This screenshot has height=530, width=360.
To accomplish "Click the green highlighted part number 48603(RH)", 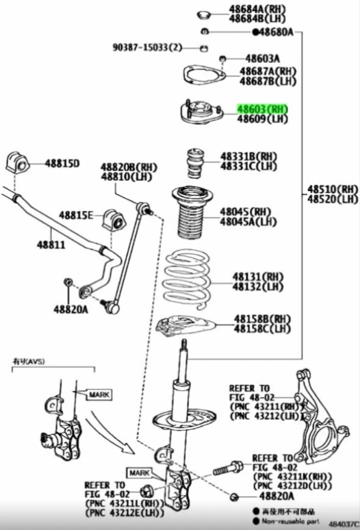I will pos(263,109).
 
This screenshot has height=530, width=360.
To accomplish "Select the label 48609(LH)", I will pos(263,119).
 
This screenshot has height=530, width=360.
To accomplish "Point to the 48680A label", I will pos(276,32).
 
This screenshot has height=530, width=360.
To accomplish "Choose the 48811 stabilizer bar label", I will pos(51,244).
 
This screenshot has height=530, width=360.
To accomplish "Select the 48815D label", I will pos(62,163).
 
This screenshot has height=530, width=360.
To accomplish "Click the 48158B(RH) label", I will pos(262,319).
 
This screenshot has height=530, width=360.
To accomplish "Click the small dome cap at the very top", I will pos(203,14).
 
